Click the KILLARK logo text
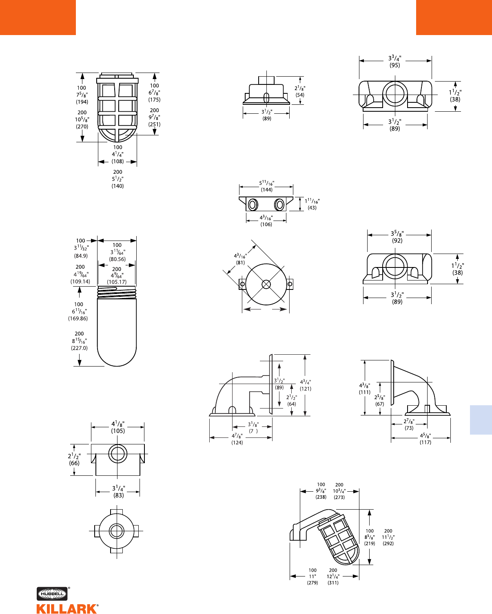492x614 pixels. point(67,609)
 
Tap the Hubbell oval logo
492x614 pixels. point(52,594)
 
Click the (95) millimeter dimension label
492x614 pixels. point(394,65)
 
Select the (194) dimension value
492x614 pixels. point(82,102)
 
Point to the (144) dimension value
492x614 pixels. point(266,190)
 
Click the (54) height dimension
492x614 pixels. point(300,95)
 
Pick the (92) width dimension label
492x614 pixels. point(397,241)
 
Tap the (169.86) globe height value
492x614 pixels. point(78,318)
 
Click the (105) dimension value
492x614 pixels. point(117,431)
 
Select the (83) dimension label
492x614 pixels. point(118,495)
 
